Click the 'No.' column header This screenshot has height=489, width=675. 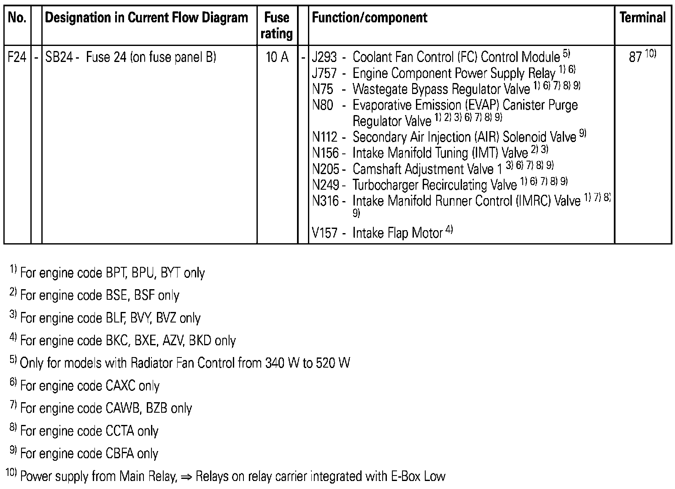(x=17, y=18)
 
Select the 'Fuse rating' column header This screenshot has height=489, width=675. (x=277, y=25)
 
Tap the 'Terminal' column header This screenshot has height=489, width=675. (x=643, y=18)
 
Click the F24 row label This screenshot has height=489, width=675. (x=17, y=57)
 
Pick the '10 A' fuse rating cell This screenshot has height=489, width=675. (x=277, y=57)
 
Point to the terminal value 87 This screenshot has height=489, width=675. (x=635, y=57)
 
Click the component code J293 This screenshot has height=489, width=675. (x=324, y=57)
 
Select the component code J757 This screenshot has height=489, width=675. (x=324, y=73)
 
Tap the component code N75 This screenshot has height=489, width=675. (x=322, y=89)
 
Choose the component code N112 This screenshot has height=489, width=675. (x=324, y=137)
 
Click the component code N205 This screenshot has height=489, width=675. (x=325, y=169)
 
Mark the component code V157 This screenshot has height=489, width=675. (x=324, y=233)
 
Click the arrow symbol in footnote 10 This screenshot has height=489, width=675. (x=186, y=477)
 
